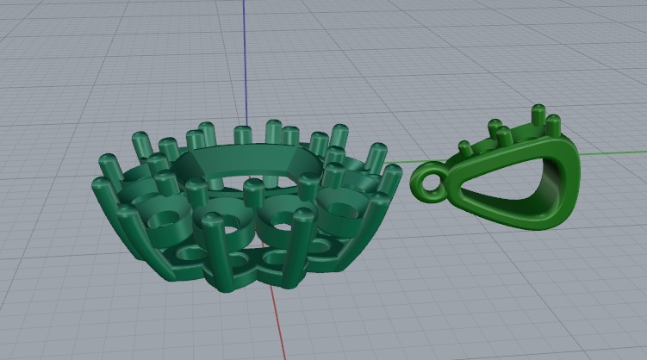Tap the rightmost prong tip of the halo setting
tap(392, 173)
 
